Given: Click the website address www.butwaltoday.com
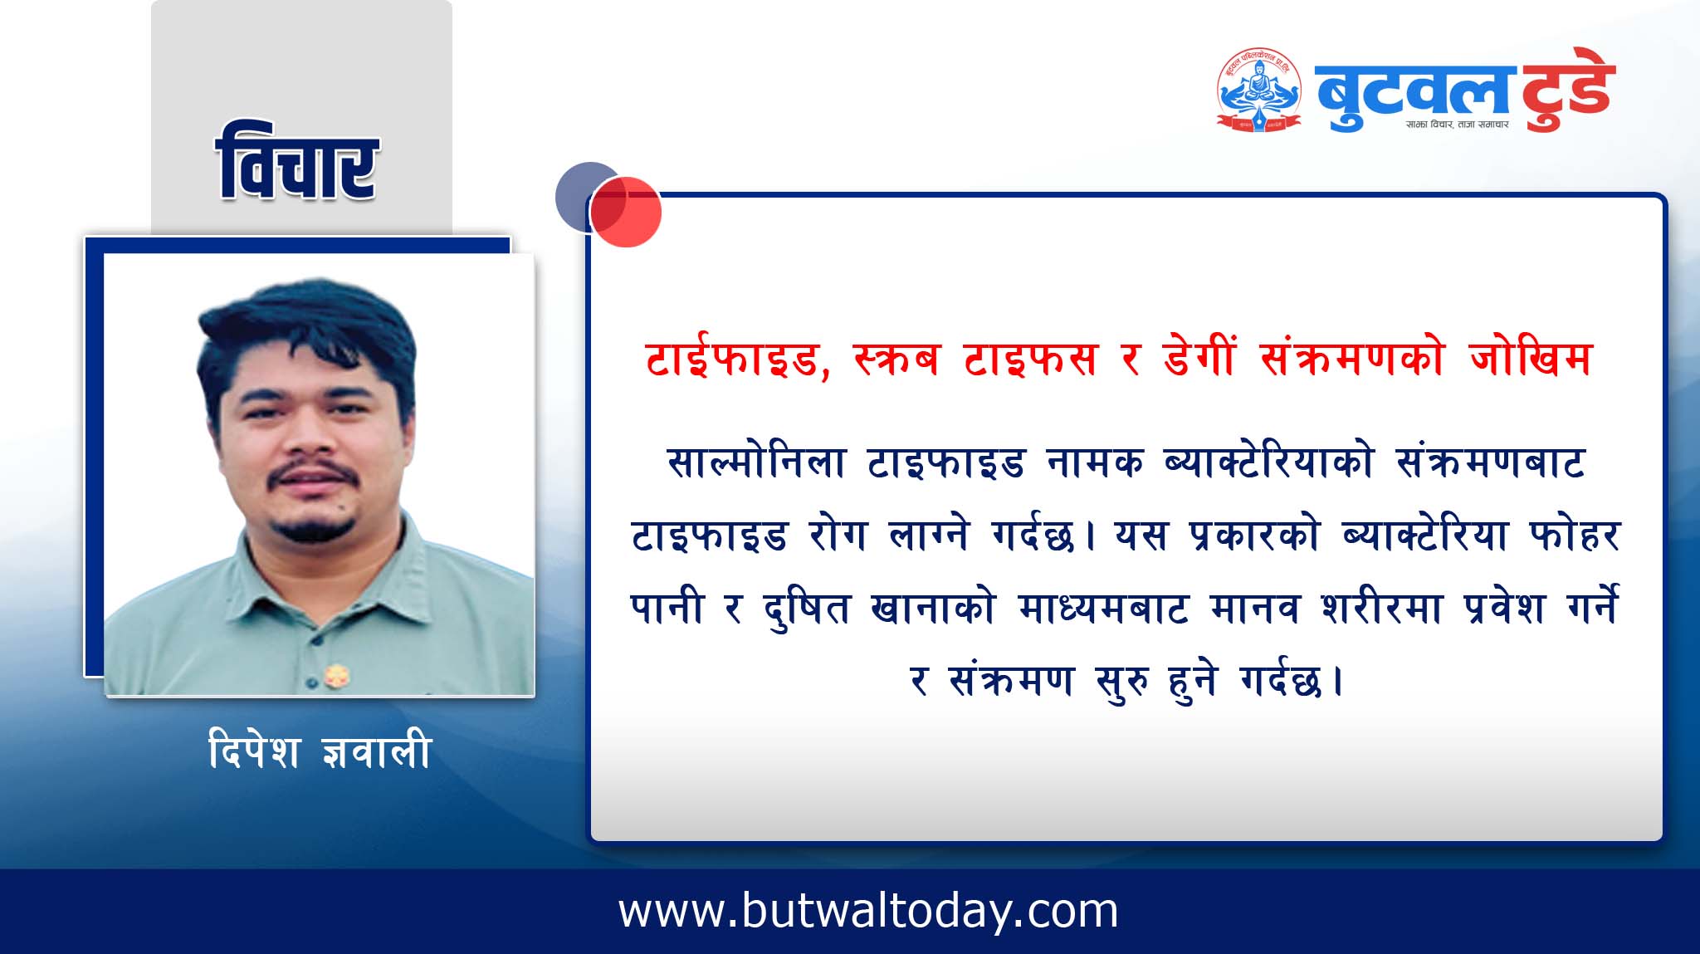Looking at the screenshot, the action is (868, 911).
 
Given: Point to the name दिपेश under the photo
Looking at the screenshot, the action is (254, 750).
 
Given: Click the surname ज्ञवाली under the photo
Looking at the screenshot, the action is (376, 750).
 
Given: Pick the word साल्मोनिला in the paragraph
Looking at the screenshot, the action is (756, 462).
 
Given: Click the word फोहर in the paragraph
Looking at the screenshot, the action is (1575, 535).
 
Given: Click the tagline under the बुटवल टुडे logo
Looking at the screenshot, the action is (1457, 125).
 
